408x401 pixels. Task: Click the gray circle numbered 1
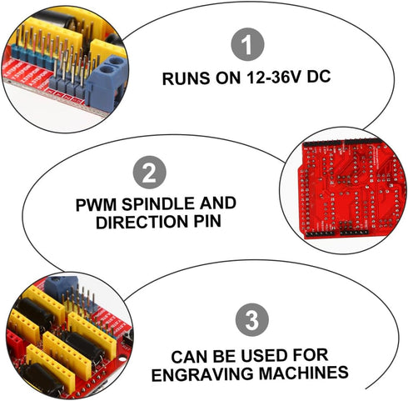[x=247, y=44]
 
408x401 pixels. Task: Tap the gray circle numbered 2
[x=150, y=173]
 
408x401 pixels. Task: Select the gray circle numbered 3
[x=252, y=319]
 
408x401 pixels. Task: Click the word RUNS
[x=186, y=78]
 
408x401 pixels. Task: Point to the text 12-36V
[x=273, y=77]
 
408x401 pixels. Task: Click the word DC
[x=319, y=76]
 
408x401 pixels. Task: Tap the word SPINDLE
[x=158, y=203]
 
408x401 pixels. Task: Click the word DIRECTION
[x=142, y=222]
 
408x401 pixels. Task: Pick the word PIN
[x=207, y=222]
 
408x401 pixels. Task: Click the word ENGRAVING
[x=202, y=374]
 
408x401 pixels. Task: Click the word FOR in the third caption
[x=310, y=355]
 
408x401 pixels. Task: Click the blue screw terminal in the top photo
[x=107, y=83]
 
